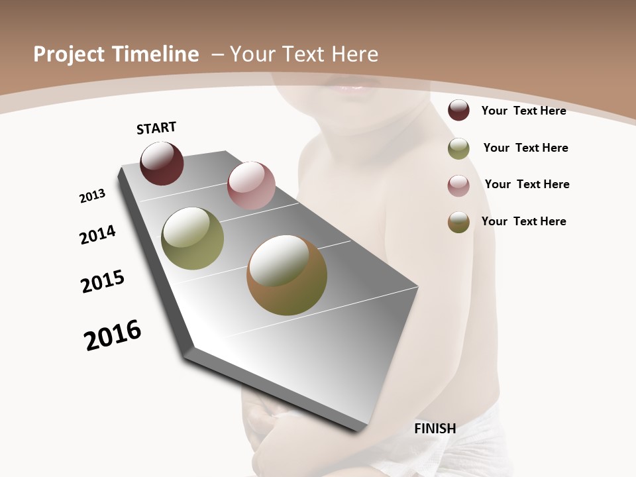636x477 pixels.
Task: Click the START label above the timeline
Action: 156,128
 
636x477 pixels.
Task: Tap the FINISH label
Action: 435,429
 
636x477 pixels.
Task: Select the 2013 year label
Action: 92,196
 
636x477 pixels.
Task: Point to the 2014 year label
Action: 97,235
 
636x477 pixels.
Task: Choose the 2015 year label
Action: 103,282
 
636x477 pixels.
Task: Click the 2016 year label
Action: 113,335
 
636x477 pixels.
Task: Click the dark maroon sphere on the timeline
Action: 162,164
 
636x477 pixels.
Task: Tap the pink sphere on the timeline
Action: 251,185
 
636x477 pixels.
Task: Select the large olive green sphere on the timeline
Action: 192,238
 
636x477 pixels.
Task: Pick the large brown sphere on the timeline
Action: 287,275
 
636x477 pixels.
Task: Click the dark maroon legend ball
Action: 458,110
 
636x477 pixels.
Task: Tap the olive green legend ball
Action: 458,148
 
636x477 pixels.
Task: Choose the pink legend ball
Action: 458,185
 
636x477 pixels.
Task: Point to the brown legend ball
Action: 458,222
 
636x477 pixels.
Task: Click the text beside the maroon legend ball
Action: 523,111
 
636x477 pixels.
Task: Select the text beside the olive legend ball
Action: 525,148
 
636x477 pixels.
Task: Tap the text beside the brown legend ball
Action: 523,221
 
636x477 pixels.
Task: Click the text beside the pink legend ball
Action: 527,184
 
